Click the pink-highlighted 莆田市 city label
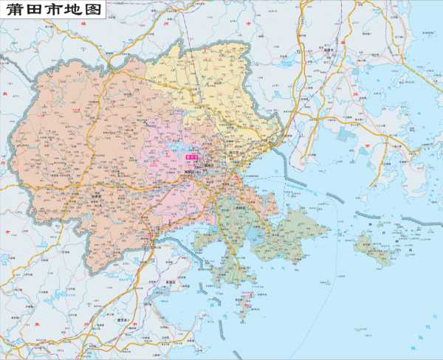click(192, 156)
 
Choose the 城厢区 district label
click(194, 171)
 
